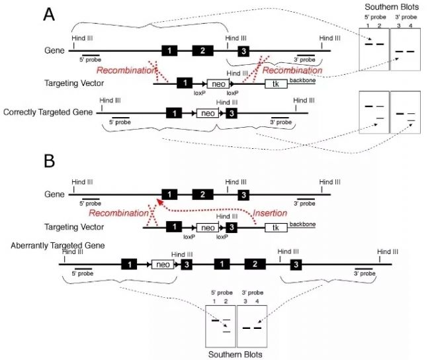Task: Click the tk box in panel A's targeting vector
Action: (275, 84)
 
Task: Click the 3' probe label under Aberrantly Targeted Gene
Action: (365, 272)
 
